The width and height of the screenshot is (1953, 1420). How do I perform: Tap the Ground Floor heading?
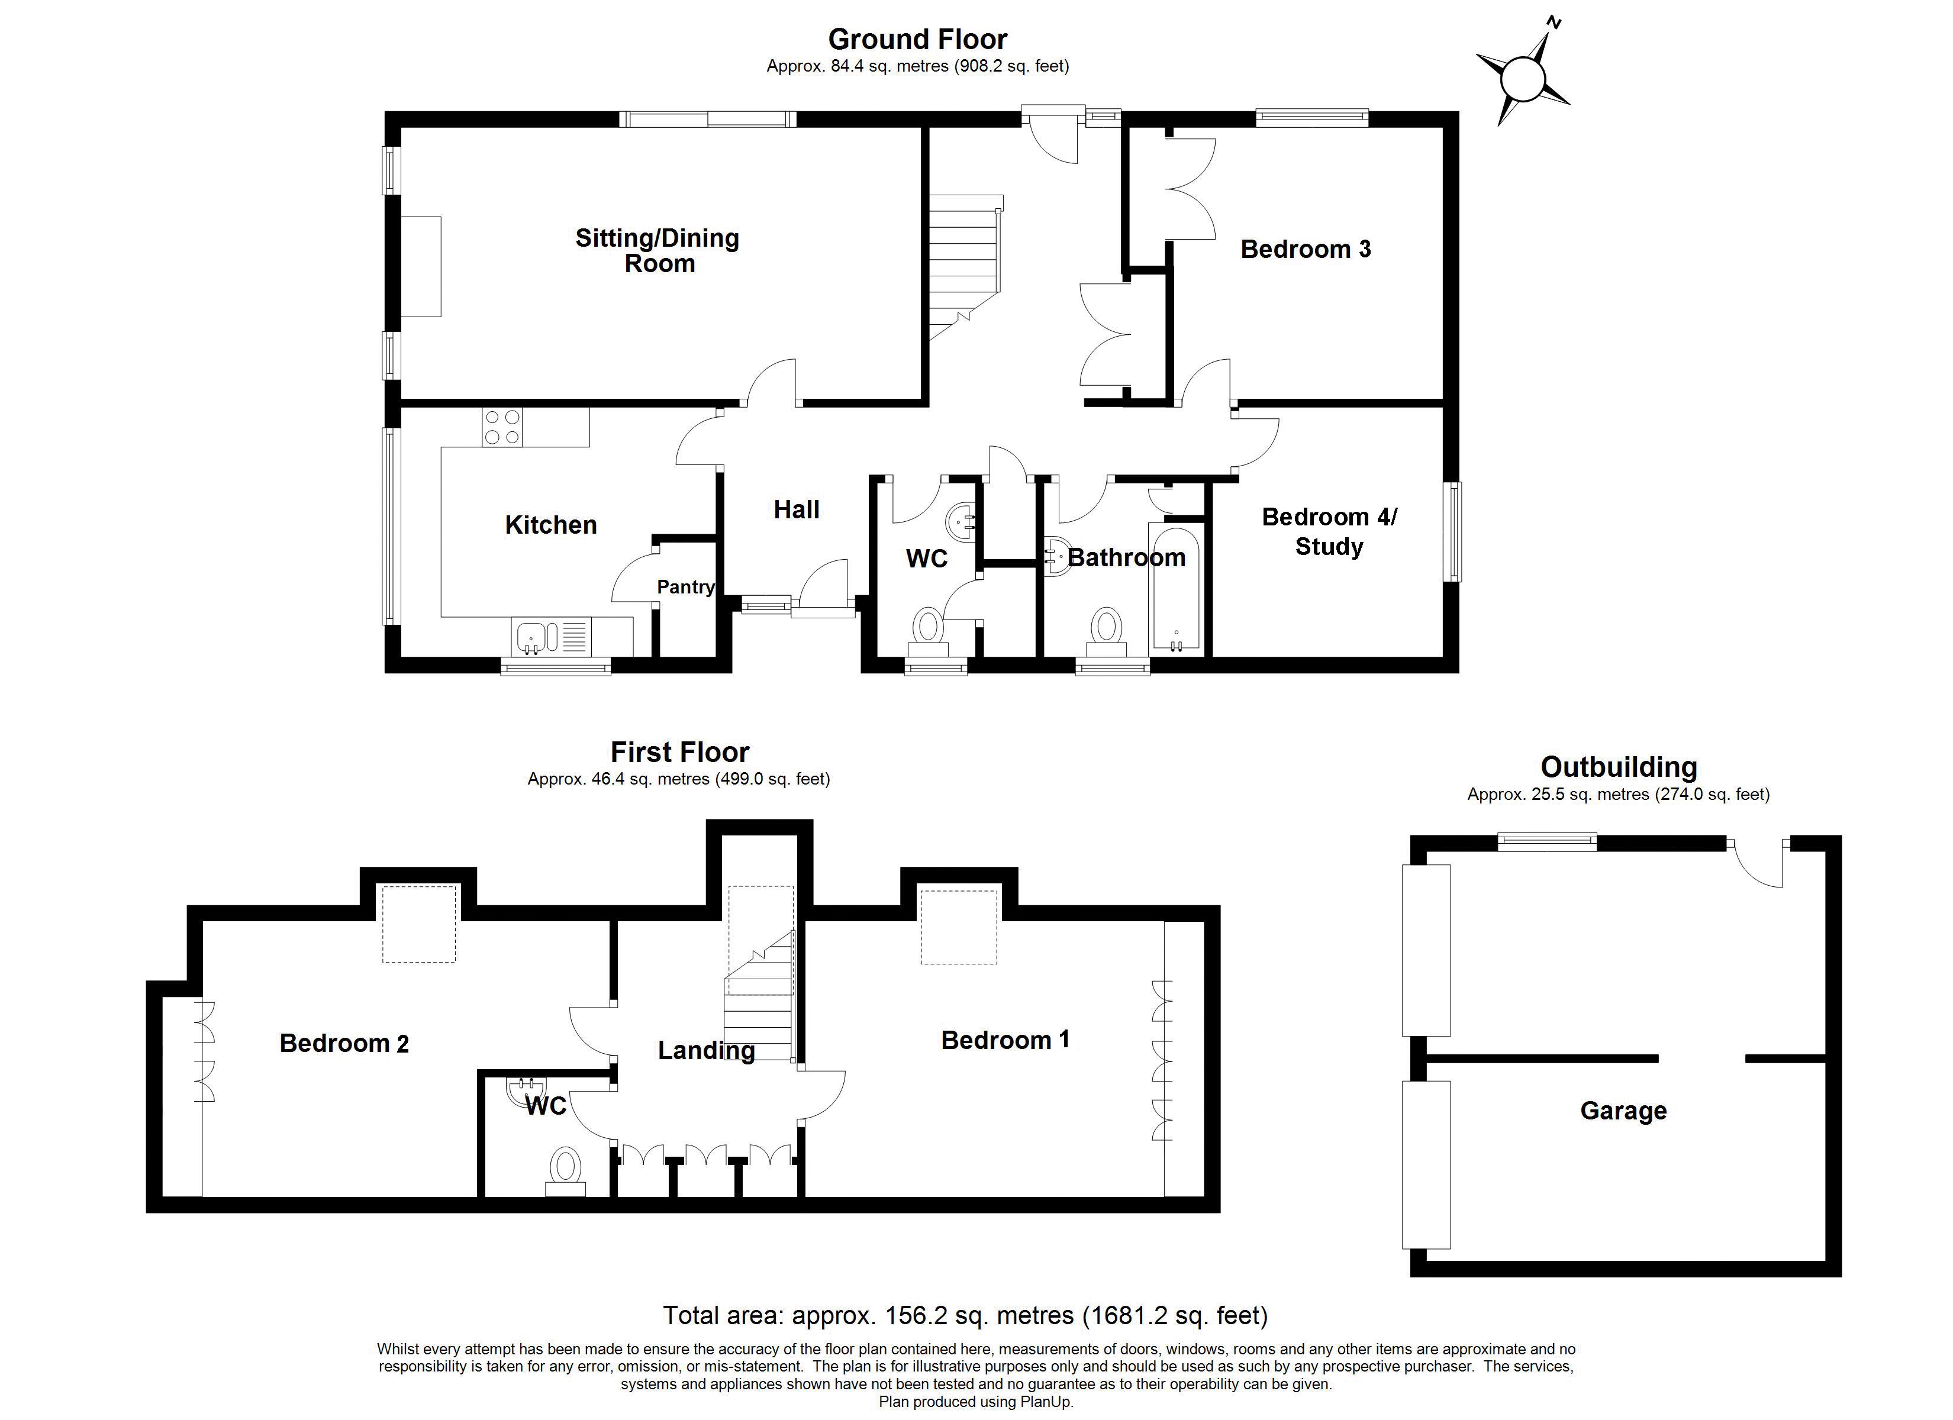pyautogui.click(x=917, y=40)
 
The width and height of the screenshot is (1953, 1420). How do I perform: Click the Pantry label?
pyautogui.click(x=685, y=588)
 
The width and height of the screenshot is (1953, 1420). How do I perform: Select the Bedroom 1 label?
pyautogui.click(x=1005, y=1040)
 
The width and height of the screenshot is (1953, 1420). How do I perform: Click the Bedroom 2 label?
pyautogui.click(x=344, y=1044)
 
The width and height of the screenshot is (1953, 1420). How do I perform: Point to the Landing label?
pyautogui.click(x=706, y=1051)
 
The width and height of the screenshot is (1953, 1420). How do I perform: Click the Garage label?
pyautogui.click(x=1623, y=1111)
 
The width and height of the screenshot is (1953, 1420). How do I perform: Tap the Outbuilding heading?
pyautogui.click(x=1618, y=767)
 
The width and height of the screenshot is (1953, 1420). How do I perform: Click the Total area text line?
pyautogui.click(x=965, y=1316)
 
